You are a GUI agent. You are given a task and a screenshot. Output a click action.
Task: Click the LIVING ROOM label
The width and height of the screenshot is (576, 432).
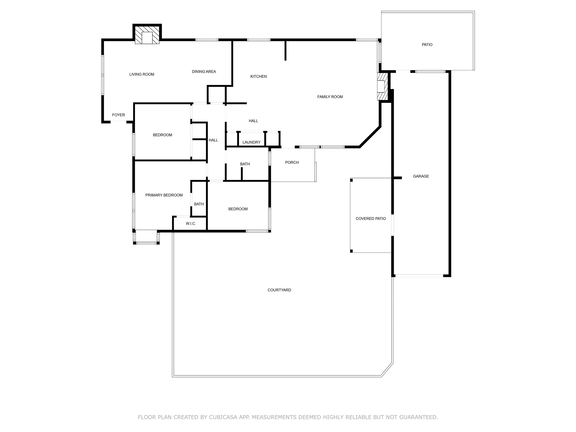click(142, 74)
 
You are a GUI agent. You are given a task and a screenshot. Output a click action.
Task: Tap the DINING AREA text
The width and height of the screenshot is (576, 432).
click(204, 72)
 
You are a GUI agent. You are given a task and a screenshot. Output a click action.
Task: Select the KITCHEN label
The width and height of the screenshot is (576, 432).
click(258, 76)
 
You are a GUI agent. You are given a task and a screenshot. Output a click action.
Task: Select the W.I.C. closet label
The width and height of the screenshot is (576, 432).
click(191, 224)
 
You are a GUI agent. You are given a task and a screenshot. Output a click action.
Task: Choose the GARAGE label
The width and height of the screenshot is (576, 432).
click(421, 176)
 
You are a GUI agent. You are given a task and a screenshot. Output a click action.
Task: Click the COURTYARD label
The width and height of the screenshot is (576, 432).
click(279, 290)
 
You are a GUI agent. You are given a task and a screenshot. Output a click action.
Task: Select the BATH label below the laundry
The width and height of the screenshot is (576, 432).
click(245, 164)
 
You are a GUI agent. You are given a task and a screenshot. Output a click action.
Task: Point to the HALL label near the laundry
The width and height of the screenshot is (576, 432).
click(253, 121)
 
